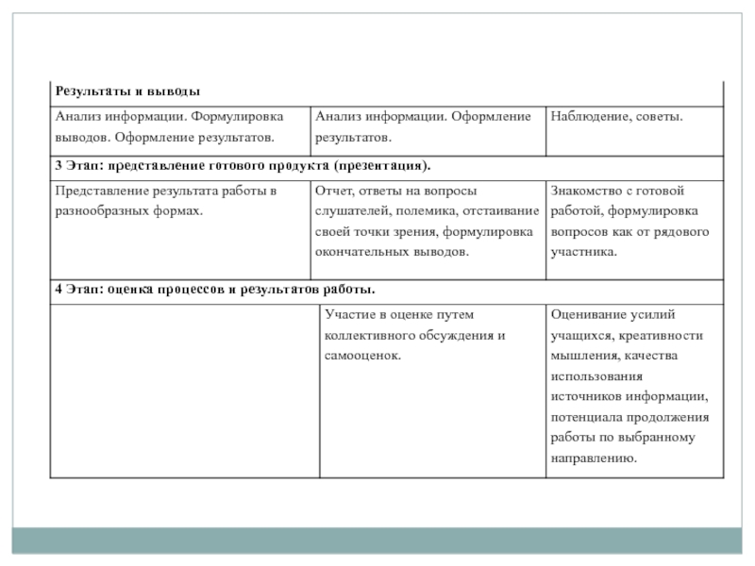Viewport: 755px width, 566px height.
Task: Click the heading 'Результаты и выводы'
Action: [x=127, y=92]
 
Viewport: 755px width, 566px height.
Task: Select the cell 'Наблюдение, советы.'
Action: [x=616, y=116]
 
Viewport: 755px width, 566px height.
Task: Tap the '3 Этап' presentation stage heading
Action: [x=243, y=166]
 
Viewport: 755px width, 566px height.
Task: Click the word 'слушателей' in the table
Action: [x=349, y=210]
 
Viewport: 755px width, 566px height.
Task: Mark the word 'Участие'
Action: [x=347, y=314]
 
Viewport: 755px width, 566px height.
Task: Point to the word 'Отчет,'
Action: [x=333, y=190]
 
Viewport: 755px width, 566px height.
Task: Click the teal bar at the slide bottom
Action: [x=377, y=541]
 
